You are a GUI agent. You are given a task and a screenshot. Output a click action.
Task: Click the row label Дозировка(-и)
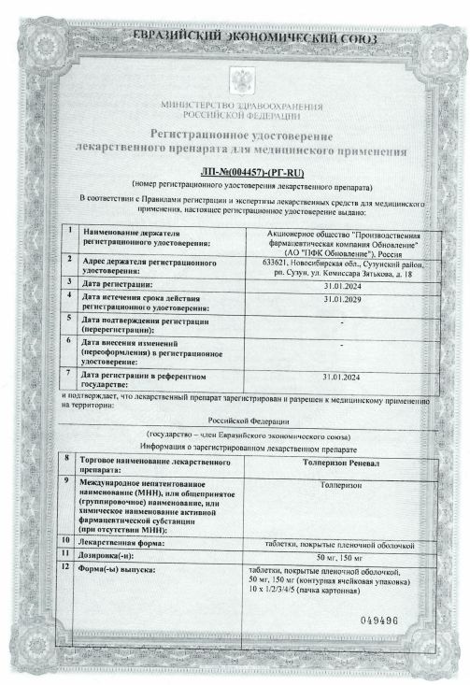(113, 555)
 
